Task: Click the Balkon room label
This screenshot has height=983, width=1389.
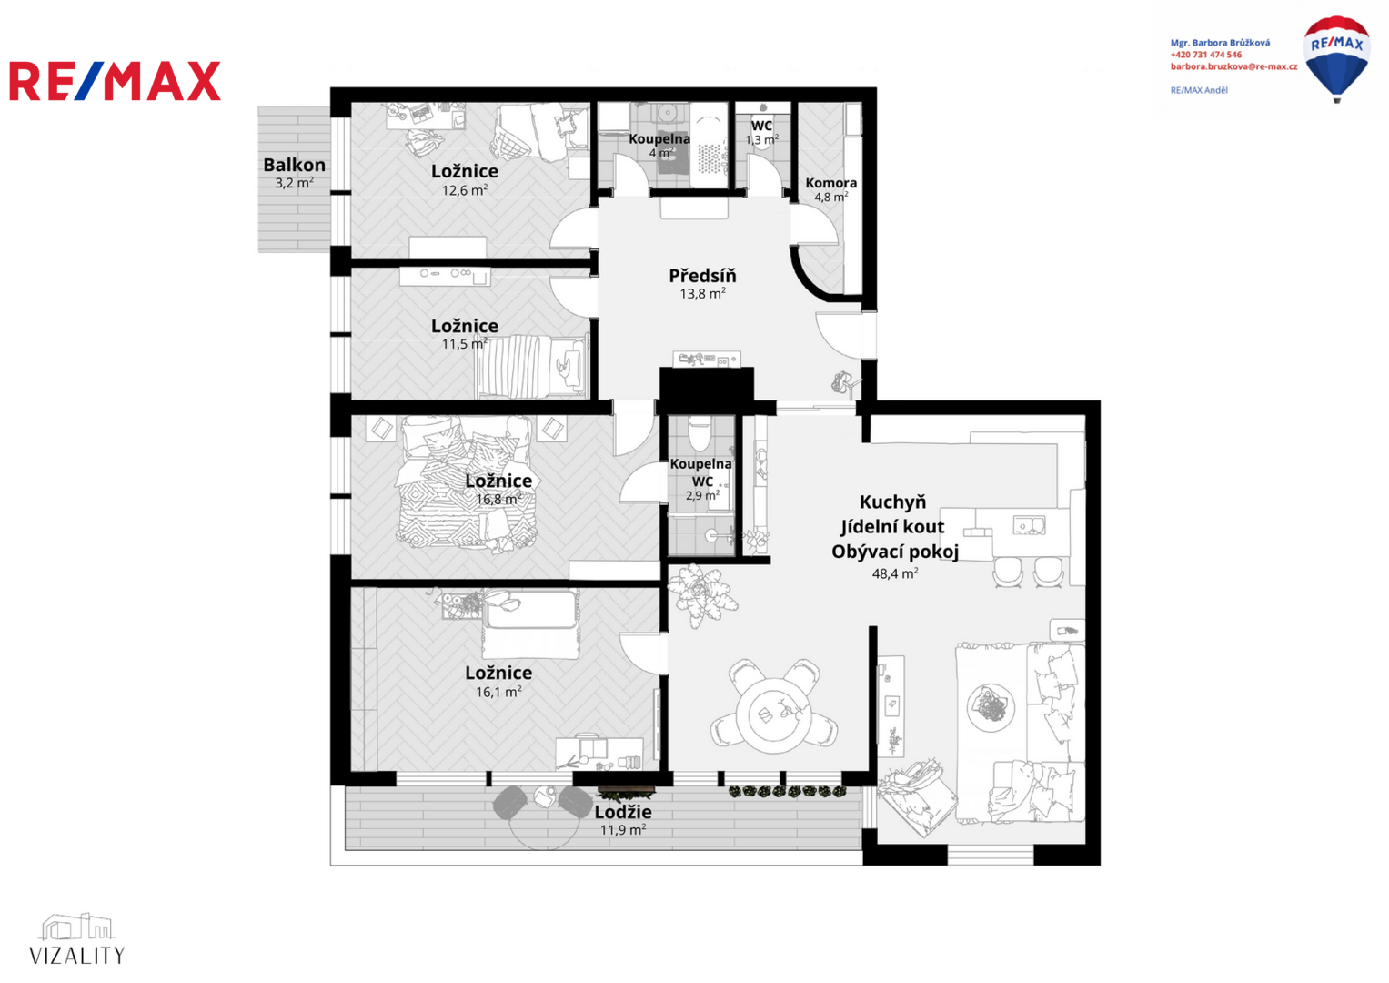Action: coord(294,165)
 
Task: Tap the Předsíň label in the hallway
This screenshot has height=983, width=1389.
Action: coord(702,276)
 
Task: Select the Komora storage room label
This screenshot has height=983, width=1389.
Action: coord(830,183)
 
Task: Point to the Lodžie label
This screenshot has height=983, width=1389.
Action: coord(622,812)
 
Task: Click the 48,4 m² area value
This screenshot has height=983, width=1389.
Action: coord(895,573)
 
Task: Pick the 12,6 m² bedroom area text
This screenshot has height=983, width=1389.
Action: coord(465,190)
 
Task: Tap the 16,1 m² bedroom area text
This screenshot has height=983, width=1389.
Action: coord(498,692)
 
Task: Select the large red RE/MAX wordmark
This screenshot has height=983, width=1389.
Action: coord(116,81)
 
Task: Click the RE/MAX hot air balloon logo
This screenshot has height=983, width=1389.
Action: coord(1336,59)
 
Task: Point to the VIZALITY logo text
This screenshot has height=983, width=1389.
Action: coord(77,956)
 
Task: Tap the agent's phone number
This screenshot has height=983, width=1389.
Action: coord(1205,55)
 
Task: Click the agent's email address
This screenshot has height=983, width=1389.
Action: coord(1233,66)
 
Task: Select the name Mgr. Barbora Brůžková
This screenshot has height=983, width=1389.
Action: coord(1220,43)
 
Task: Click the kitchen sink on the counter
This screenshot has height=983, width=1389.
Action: coord(1029,525)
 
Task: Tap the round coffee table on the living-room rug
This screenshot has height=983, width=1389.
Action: coord(991,707)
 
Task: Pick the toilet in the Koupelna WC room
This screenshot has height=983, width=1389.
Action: coord(699,432)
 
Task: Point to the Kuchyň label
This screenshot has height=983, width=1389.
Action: coord(892,502)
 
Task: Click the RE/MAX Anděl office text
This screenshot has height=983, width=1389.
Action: coord(1199,90)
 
